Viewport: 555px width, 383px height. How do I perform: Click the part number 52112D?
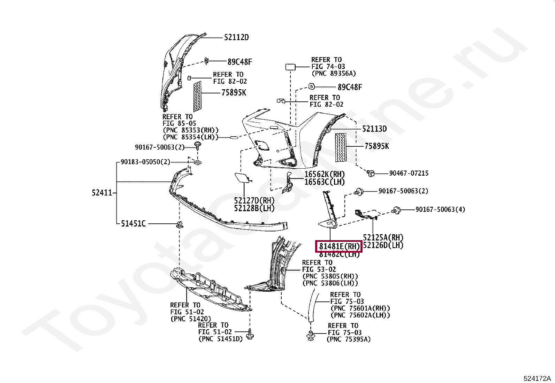[x=236, y=37]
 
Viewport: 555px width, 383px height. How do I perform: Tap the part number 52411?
[x=102, y=192]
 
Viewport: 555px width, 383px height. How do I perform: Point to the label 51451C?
[x=133, y=223]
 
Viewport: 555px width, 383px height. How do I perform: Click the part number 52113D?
[x=374, y=129]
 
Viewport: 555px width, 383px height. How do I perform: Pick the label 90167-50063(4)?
[x=440, y=209]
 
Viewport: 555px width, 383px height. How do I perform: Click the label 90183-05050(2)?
[x=145, y=162]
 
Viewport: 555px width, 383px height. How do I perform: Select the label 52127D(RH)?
[x=254, y=201]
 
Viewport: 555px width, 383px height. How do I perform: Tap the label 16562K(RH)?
[x=324, y=174]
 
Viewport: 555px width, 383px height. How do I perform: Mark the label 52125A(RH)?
[x=383, y=237]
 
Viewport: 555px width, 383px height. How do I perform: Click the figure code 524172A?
[x=537, y=378]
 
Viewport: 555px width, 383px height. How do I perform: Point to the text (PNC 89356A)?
[x=334, y=74]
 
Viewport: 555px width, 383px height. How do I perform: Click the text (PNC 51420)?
[x=191, y=319]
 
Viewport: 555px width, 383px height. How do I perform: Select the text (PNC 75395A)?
[x=349, y=339]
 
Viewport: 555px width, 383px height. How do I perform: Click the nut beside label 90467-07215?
[x=371, y=173]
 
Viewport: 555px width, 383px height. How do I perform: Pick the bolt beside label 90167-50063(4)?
[x=396, y=210]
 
